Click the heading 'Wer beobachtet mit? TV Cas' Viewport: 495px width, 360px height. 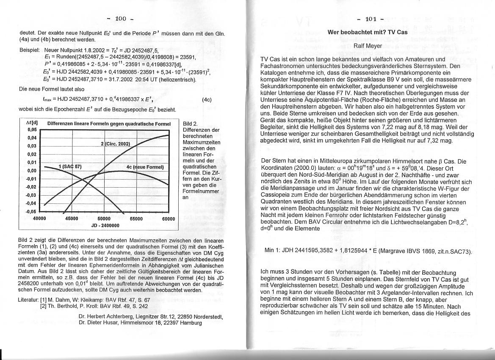368,32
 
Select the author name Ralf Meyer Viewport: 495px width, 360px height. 367,45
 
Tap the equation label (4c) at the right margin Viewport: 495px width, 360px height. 207,100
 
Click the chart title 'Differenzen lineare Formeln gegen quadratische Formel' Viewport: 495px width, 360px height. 109,124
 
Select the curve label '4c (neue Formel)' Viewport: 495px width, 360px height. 145,167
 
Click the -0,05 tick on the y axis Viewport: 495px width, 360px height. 32,211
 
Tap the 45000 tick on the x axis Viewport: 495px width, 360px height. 72,219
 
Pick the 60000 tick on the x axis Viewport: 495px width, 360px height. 169,219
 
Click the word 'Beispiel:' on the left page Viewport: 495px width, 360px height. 30,50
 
